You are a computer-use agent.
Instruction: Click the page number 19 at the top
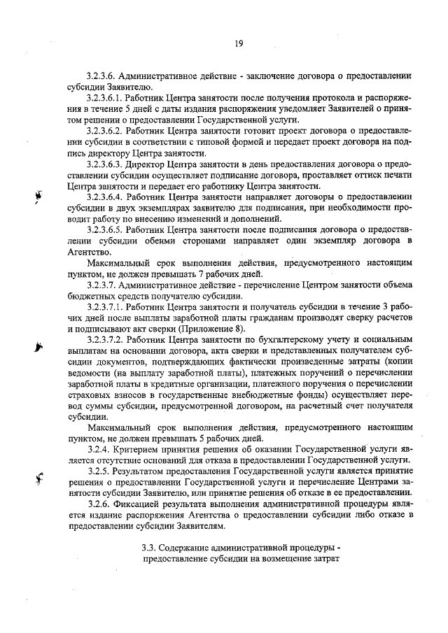[238, 43]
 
